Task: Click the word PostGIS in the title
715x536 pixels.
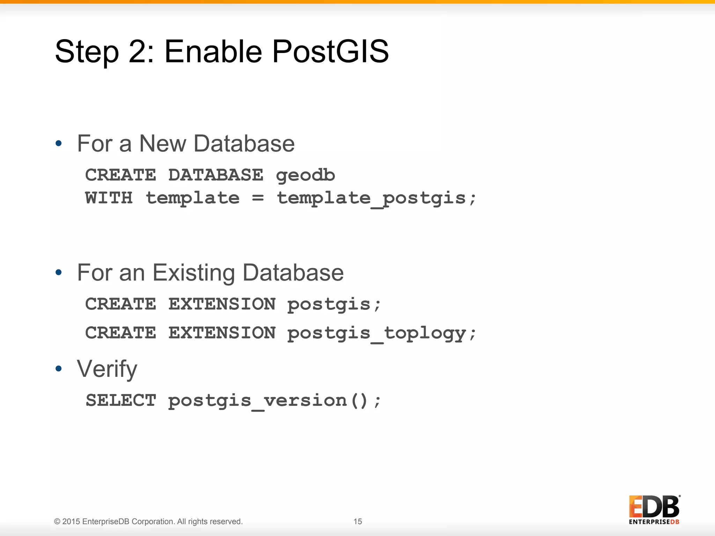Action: (x=330, y=52)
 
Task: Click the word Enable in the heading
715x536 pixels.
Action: (x=213, y=52)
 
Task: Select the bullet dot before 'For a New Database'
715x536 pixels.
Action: (x=59, y=143)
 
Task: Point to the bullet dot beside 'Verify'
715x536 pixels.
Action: (x=59, y=368)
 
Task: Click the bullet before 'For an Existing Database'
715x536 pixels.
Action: (x=59, y=272)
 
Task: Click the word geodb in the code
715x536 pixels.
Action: (x=305, y=175)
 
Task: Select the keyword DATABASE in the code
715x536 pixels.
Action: (x=216, y=175)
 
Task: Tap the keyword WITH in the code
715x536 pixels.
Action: (x=109, y=198)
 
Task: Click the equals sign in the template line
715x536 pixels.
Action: (x=258, y=198)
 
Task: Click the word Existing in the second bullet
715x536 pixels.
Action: (x=194, y=273)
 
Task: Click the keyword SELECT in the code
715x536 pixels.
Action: (x=121, y=400)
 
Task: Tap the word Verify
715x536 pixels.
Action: (x=107, y=369)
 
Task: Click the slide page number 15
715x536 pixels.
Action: (x=357, y=521)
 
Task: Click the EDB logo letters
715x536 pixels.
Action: (x=654, y=507)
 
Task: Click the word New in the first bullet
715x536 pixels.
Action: (x=163, y=144)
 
